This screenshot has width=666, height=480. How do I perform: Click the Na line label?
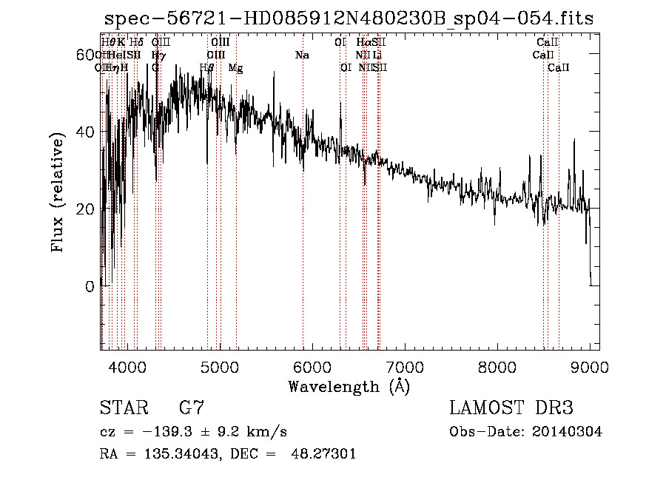pyautogui.click(x=302, y=55)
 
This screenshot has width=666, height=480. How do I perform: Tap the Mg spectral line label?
pyautogui.click(x=235, y=68)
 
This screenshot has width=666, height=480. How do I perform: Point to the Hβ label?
pyautogui.click(x=207, y=68)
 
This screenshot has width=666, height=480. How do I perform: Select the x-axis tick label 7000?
pyautogui.click(x=404, y=366)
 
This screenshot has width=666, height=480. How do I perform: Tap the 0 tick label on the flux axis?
pyautogui.click(x=90, y=286)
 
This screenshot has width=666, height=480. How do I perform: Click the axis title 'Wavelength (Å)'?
pyautogui.click(x=349, y=386)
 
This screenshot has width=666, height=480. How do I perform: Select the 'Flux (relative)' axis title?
pyautogui.click(x=58, y=191)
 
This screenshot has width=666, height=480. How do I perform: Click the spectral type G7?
pyautogui.click(x=192, y=408)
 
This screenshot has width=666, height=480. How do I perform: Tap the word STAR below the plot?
pyautogui.click(x=123, y=408)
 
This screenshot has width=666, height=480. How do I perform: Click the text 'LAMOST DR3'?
pyautogui.click(x=511, y=408)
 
